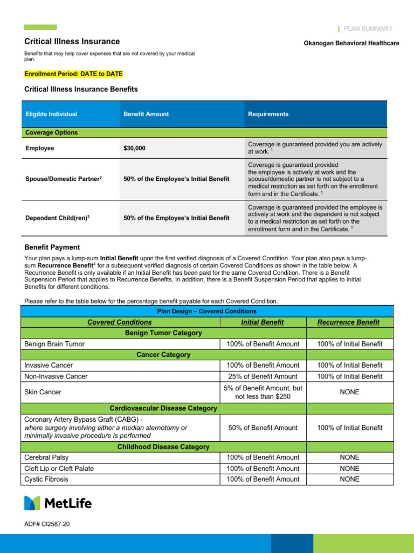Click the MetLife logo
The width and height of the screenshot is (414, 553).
58,503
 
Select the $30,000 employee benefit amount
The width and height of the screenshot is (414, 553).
134,148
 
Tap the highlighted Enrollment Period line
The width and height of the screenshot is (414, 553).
73,73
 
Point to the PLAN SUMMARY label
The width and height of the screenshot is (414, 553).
368,29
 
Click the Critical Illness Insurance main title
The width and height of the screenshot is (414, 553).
72,42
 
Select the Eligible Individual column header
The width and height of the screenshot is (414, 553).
51,114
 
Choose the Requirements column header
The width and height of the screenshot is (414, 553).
268,114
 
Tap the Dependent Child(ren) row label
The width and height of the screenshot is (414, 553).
58,218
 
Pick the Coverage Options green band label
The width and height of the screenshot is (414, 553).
51,132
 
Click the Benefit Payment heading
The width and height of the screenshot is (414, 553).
52,247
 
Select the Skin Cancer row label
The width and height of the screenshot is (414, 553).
43,392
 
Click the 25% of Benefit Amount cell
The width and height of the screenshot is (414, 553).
263,376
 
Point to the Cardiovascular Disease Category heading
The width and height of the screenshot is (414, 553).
163,408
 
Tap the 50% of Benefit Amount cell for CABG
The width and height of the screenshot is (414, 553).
263,428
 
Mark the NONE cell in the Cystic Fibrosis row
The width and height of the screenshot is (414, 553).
349,479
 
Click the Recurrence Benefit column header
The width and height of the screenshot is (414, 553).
348,322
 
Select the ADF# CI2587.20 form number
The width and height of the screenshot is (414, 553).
47,524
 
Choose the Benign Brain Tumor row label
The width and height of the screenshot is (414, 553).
54,344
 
